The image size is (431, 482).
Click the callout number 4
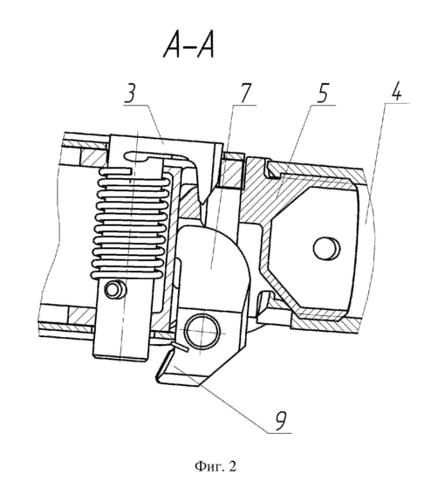tap(397, 91)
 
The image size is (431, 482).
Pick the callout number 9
tap(280, 420)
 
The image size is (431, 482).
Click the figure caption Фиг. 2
tap(216, 466)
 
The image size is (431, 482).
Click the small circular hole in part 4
tap(326, 248)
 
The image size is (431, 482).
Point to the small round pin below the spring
tap(115, 289)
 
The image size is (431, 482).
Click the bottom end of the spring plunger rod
tap(120, 357)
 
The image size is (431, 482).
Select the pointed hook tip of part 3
tap(202, 202)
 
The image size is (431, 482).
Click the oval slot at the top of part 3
tap(136, 156)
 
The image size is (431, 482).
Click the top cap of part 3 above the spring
tap(166, 143)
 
